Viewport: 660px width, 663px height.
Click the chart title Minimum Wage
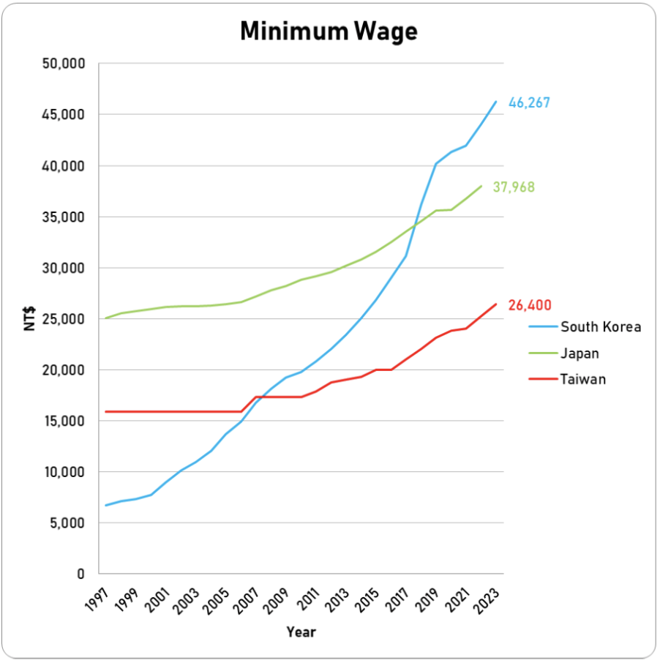click(329, 31)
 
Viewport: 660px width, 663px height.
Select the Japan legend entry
click(580, 353)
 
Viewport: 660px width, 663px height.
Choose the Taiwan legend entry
click(583, 380)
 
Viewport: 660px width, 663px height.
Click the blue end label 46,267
click(529, 103)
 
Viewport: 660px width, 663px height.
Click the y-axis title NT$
click(29, 318)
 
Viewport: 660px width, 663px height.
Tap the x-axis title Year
click(301, 632)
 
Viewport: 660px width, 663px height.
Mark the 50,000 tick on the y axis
click(65, 64)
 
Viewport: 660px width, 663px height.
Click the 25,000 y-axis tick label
click(65, 319)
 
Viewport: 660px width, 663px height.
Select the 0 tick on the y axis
click(81, 574)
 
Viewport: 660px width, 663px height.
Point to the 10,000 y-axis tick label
click(65, 472)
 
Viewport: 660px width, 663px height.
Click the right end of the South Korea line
click(496, 102)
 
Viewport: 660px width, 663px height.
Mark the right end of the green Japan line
click(481, 186)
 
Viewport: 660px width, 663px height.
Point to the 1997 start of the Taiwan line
click(106, 411)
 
